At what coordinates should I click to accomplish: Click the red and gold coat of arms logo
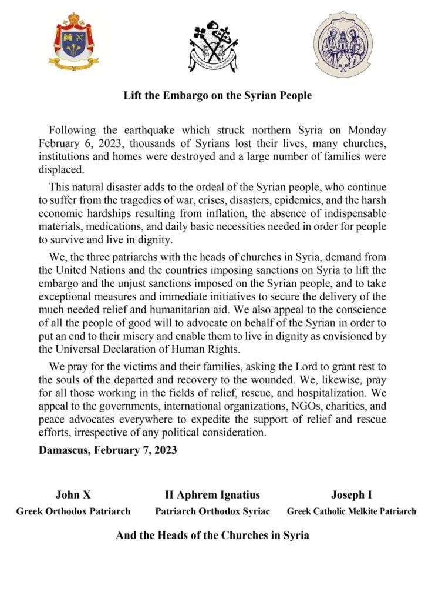click(73, 42)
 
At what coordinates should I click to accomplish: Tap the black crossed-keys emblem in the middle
click(213, 46)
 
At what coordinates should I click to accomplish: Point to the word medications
click(109, 226)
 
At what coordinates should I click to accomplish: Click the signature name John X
click(73, 494)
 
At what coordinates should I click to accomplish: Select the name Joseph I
click(351, 494)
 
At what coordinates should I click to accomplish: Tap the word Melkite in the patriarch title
click(357, 511)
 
